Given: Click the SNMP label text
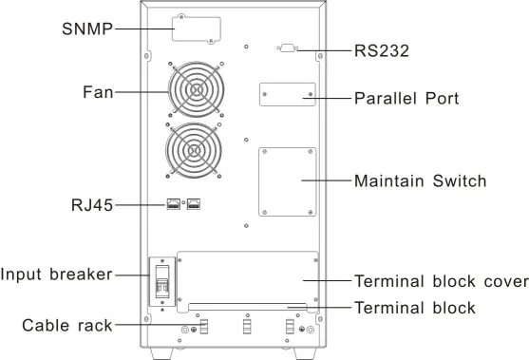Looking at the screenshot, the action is pos(87,29).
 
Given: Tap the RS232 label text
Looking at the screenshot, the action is pos(382,51).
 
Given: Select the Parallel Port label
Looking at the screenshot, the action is pos(406,99).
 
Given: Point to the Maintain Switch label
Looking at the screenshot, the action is pos(421,180).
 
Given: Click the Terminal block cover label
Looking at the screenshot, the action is pos(442,281).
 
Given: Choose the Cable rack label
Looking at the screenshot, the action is pos(67,326).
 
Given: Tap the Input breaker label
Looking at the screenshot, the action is pos(56,274).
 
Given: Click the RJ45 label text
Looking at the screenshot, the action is pos(92,205).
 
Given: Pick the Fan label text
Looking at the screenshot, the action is pos(98,92).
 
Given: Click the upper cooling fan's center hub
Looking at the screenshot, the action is pos(196,89).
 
